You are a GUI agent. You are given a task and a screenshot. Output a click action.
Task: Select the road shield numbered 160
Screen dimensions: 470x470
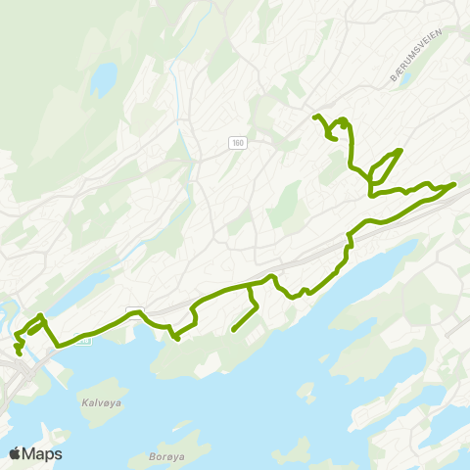[238, 143]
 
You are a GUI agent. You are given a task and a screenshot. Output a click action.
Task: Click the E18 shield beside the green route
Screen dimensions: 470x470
[83, 340]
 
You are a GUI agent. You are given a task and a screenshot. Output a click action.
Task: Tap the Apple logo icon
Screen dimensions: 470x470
[16, 453]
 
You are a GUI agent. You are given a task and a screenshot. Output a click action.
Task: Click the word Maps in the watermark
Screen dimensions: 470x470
[43, 453]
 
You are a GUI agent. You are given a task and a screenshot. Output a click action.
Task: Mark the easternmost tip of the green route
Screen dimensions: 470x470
[454, 183]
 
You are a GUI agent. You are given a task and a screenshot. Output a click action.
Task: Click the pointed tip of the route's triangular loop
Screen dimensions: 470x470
[399, 150]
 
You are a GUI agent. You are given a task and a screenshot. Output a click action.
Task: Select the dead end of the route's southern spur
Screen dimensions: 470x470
[233, 331]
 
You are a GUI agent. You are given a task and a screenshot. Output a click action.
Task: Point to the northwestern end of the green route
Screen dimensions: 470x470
[314, 117]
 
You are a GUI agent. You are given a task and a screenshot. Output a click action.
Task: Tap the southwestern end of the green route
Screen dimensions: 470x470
[20, 353]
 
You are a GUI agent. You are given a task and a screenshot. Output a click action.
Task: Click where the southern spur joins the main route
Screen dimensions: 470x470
[250, 288]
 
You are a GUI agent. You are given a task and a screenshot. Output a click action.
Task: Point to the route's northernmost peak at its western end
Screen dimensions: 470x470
[39, 315]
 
